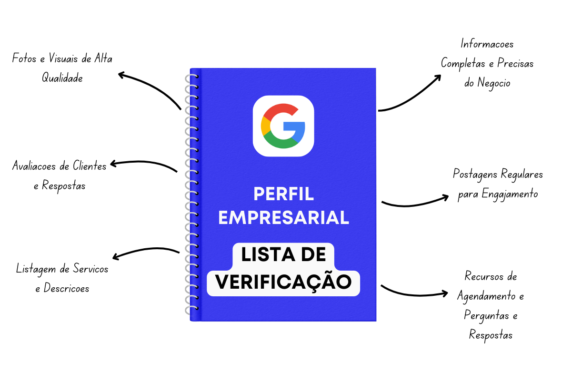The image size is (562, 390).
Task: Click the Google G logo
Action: tap(283, 126)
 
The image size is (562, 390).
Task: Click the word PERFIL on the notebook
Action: tap(283, 194)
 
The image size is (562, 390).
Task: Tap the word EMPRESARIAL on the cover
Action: tap(283, 217)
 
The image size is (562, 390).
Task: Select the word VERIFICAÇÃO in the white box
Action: tap(283, 282)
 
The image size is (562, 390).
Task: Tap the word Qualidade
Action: tap(62, 78)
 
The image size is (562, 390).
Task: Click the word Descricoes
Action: tap(67, 288)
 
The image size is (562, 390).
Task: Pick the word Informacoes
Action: tap(487, 44)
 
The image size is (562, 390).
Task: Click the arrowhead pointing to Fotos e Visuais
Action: tap(121, 75)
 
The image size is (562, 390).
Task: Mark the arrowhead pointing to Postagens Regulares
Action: tap(445, 196)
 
